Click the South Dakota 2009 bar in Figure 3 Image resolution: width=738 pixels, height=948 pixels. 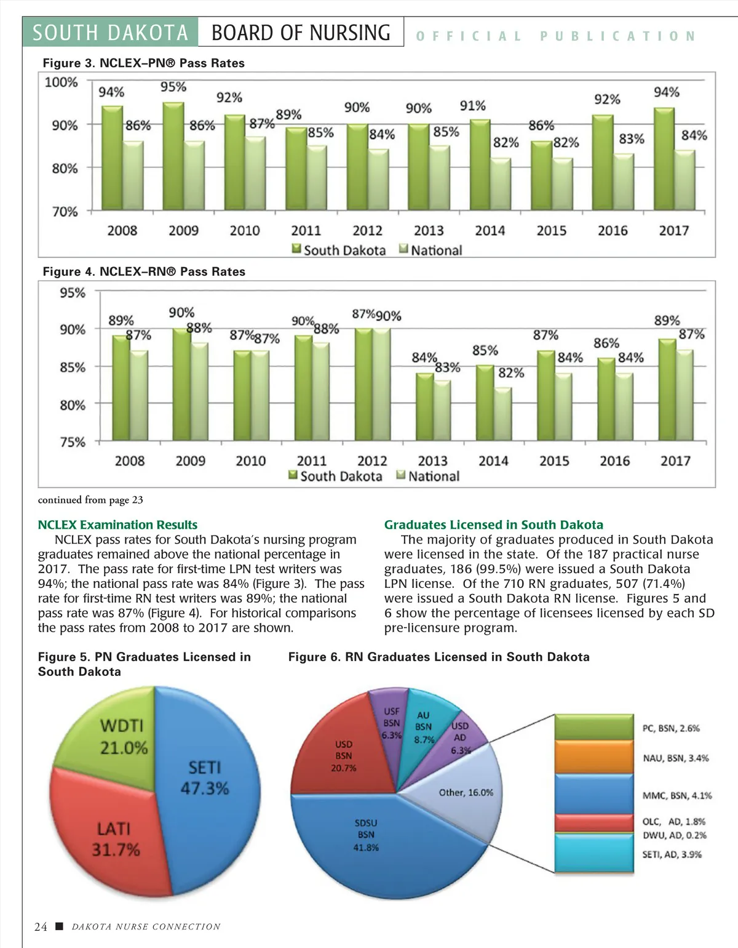point(173,157)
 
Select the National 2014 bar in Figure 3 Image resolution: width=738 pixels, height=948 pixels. point(501,185)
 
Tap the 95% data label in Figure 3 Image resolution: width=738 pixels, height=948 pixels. point(173,87)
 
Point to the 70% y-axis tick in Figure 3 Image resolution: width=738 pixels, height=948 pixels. point(65,212)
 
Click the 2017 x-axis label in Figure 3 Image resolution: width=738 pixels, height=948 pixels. point(674,231)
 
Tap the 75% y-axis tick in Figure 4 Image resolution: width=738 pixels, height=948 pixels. point(73,442)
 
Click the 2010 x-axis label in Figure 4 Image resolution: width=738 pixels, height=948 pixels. point(251,461)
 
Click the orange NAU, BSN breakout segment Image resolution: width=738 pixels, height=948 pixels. point(593,757)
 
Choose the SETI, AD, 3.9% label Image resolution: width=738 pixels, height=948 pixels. point(672,854)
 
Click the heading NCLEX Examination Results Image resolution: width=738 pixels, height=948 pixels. point(117,525)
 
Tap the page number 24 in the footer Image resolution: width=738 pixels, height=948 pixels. point(41,927)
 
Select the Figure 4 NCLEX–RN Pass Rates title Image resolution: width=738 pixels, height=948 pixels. point(144,271)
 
